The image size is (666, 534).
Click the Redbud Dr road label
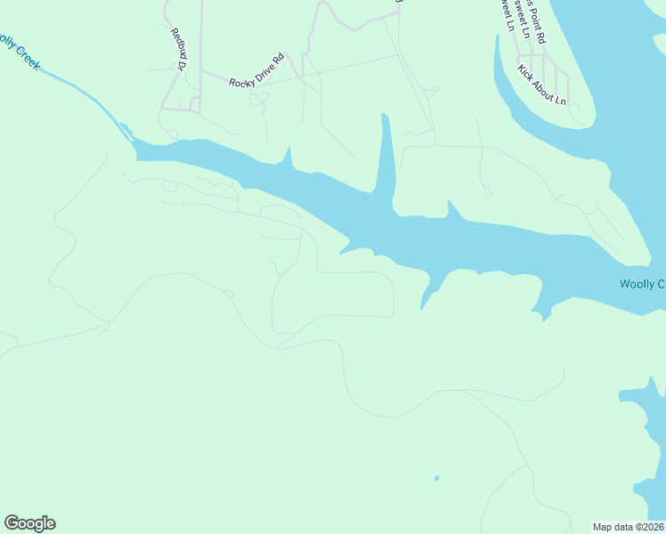tap(179, 49)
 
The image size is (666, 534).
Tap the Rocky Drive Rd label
tap(256, 70)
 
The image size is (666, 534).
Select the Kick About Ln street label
tap(542, 85)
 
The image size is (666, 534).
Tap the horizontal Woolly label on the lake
tap(641, 285)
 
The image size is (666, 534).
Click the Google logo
tap(29, 523)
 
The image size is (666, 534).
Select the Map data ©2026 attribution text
tap(629, 527)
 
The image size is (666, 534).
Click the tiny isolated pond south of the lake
tap(436, 479)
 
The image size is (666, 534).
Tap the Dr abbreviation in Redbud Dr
tap(182, 64)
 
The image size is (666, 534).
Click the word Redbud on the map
tap(177, 43)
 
